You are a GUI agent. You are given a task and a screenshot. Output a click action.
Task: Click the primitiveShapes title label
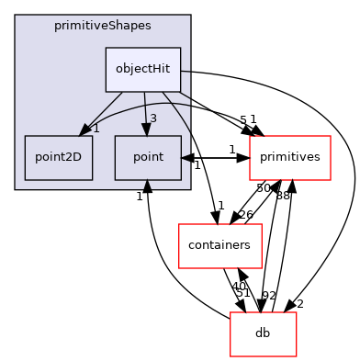(x=103, y=26)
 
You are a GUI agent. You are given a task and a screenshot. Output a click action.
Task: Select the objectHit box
(x=142, y=70)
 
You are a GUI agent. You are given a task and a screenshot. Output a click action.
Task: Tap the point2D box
(x=59, y=157)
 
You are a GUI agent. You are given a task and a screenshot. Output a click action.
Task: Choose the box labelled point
(x=148, y=157)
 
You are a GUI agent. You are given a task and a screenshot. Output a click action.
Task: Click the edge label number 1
(x=96, y=128)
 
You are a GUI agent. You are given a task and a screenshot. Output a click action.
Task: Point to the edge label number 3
(x=152, y=118)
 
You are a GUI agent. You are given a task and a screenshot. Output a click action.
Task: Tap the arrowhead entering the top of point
(x=145, y=130)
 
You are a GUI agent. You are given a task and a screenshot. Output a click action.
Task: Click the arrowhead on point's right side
(x=186, y=158)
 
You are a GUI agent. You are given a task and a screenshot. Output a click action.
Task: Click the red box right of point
(x=290, y=158)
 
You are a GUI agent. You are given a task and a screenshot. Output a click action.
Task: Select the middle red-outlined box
(x=220, y=246)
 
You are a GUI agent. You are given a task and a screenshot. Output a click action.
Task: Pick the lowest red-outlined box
(x=264, y=334)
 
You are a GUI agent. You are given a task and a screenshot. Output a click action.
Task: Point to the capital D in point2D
(x=76, y=157)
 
